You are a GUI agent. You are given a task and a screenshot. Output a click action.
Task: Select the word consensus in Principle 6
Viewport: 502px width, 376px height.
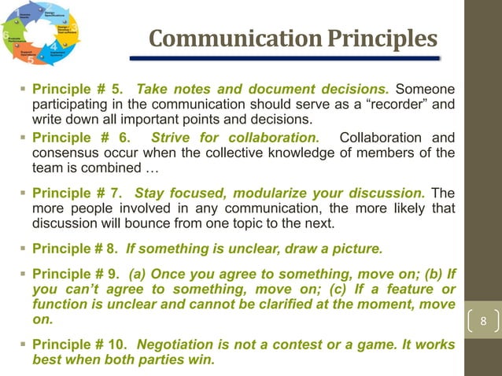pyautogui.click(x=64, y=153)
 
